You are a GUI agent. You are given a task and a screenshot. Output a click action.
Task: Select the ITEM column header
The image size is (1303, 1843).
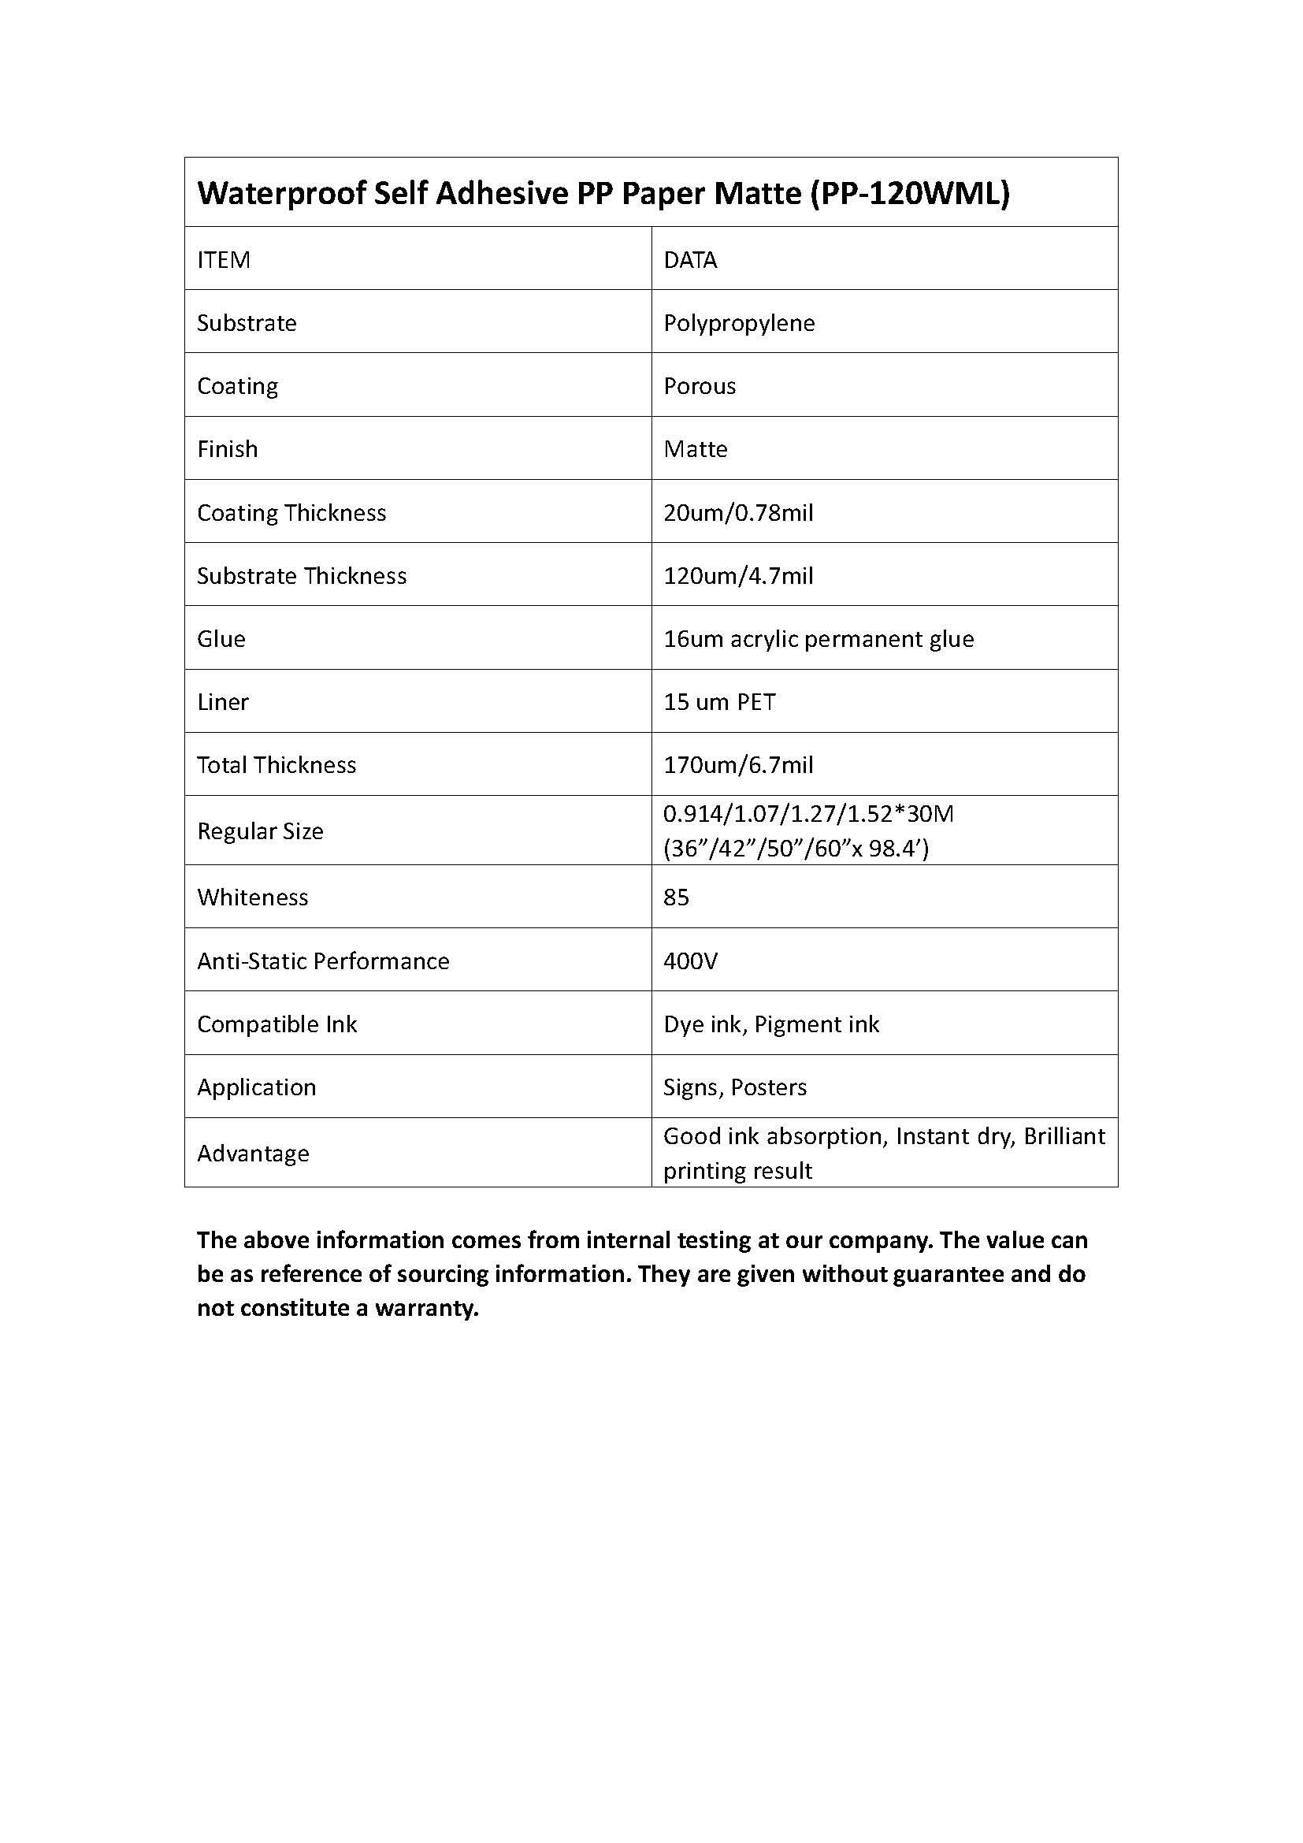224,260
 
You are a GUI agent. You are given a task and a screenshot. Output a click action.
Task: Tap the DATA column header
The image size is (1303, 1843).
690,260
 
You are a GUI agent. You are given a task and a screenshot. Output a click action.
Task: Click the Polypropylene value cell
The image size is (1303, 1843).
739,323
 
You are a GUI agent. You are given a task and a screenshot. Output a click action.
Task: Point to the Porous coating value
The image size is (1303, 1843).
700,386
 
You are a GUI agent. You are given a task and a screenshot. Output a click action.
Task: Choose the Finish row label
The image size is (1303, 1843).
228,448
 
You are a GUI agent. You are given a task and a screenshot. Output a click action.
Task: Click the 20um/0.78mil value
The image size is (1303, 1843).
738,512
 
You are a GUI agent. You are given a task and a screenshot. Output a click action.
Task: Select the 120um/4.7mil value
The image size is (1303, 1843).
738,575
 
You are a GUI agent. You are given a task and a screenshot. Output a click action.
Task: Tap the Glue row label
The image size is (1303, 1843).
221,639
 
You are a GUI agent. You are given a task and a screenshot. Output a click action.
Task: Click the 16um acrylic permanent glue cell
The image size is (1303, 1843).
819,639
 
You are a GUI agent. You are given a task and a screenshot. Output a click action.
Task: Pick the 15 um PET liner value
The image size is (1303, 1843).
720,702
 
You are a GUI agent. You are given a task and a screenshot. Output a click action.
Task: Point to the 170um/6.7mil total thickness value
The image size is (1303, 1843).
738,765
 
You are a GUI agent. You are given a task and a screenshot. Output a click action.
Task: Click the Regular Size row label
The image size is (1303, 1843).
261,831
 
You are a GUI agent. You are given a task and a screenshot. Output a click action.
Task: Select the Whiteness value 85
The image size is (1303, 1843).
677,897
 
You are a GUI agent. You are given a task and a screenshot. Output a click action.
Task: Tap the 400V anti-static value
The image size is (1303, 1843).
691,961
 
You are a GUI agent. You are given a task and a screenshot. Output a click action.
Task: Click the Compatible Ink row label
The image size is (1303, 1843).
277,1024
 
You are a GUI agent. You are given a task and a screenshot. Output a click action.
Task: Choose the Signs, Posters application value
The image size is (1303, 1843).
735,1087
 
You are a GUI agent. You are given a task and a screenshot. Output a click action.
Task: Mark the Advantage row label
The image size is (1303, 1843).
254,1154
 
